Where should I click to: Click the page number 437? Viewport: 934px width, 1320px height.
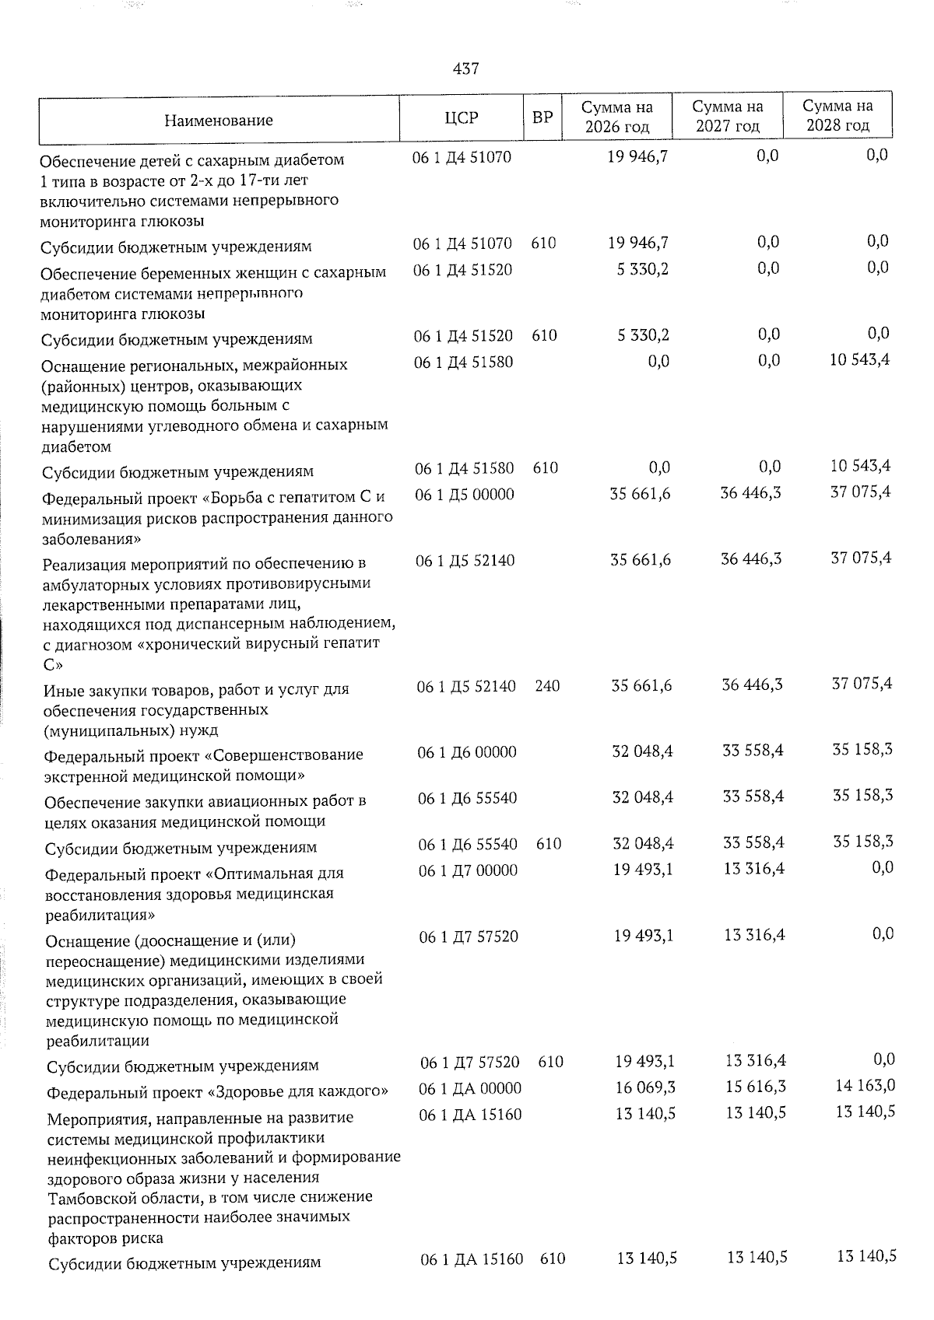coord(465,69)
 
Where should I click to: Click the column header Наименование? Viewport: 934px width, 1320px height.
coord(218,121)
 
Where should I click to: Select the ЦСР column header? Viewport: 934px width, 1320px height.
coord(462,118)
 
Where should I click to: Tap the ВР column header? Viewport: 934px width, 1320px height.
coord(542,118)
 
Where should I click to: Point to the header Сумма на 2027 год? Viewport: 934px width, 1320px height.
coord(728,116)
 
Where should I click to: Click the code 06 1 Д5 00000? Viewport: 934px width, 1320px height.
coord(465,494)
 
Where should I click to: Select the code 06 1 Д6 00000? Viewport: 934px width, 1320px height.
coord(467,752)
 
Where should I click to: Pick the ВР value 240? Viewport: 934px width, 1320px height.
coord(547,686)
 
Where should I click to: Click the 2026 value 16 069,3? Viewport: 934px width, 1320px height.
coord(644,1087)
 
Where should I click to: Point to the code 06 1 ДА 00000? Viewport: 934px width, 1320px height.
coord(470,1088)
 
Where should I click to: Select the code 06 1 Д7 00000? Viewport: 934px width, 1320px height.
coord(468,870)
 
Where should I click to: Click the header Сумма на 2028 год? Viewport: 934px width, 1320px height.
coord(837,116)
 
